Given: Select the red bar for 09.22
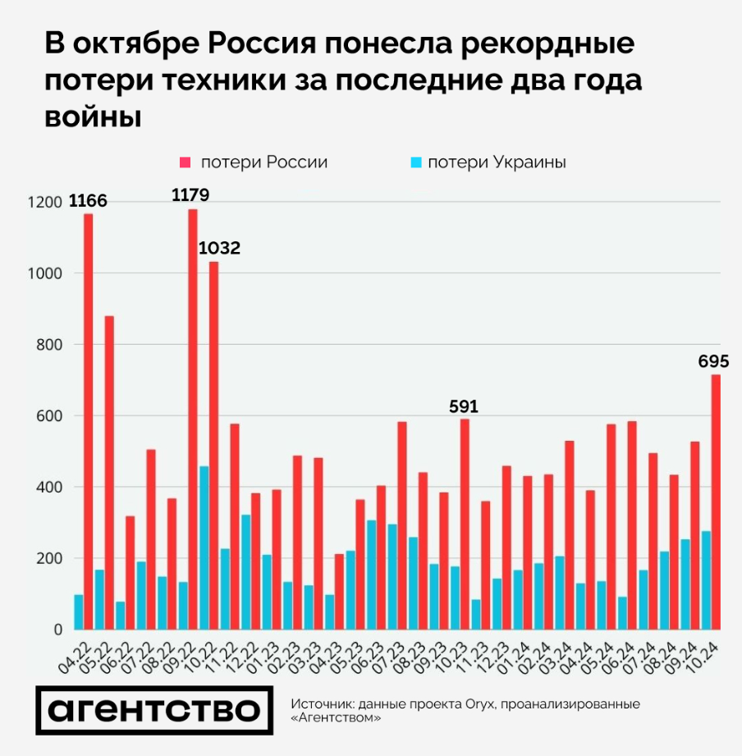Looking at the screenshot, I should click(x=193, y=419).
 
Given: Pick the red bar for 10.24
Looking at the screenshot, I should click(x=716, y=502).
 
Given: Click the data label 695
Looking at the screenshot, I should click(x=713, y=361).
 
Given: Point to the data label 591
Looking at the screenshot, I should click(x=463, y=405).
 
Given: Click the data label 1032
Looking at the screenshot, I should click(x=219, y=248).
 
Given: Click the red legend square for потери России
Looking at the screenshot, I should click(x=185, y=163).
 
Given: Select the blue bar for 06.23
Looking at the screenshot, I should click(x=371, y=575).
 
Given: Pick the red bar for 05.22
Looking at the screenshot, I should click(x=109, y=473).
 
